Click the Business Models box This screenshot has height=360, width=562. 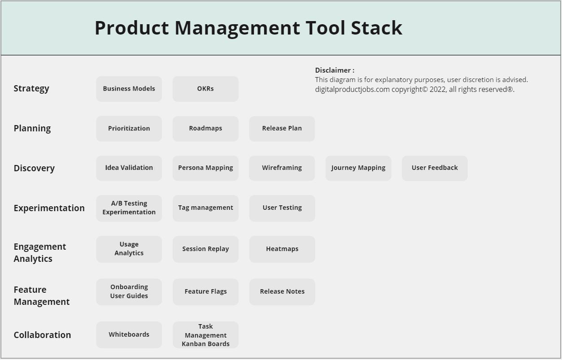tap(129, 89)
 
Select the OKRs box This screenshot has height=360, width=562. tap(205, 89)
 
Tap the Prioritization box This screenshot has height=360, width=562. tap(129, 129)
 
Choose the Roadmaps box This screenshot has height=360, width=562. tap(205, 129)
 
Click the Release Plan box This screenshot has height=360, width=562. tap(282, 129)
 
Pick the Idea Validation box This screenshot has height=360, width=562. tap(129, 168)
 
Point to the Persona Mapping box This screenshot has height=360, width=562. tap(205, 168)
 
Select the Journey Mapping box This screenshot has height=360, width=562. tap(358, 168)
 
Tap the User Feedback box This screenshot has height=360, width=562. tap(435, 168)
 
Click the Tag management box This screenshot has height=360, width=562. tap(205, 208)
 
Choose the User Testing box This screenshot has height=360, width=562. tap(282, 208)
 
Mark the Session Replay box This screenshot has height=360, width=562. tap(205, 249)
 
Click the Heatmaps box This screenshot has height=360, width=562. tap(282, 249)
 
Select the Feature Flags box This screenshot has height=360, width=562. tap(205, 292)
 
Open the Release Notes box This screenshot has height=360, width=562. tap(282, 292)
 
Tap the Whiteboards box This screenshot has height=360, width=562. tap(129, 335)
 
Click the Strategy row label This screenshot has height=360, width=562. tap(31, 89)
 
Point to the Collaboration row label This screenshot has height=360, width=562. tap(43, 335)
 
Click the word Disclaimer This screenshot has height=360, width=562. tap(333, 70)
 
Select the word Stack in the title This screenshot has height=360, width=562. tap(377, 28)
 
